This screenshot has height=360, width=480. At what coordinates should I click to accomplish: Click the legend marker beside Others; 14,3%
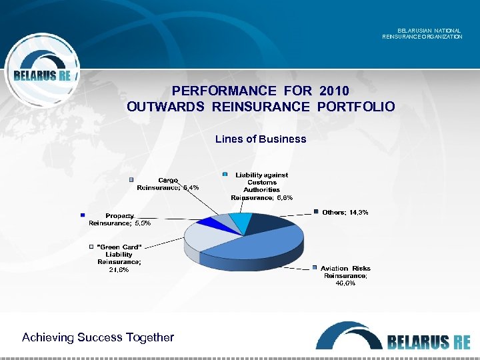pos(317,212)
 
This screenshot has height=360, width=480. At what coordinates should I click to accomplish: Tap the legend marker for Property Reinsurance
pos(83,215)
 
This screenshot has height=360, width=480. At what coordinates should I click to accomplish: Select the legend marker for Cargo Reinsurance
pos(132,180)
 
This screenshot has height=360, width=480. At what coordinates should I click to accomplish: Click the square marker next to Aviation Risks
pos(315,268)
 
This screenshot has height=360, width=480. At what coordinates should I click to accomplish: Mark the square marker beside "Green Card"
pos(92,247)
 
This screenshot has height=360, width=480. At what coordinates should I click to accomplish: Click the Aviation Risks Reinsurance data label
pos(346,275)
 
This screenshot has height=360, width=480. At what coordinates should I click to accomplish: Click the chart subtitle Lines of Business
pos(261,139)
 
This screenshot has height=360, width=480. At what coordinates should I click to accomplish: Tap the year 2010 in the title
pos(334,91)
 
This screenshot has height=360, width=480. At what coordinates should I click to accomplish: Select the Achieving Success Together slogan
pos(98,337)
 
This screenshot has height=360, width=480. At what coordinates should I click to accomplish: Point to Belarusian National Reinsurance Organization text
pos(422,33)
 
